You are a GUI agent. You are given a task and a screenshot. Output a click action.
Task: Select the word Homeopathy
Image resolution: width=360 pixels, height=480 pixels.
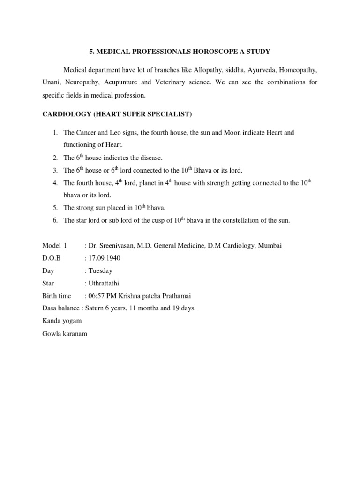(298, 70)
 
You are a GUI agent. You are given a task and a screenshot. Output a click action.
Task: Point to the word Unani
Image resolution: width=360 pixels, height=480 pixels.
(52, 82)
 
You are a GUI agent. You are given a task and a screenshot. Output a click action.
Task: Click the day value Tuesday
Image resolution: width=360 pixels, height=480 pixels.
(100, 271)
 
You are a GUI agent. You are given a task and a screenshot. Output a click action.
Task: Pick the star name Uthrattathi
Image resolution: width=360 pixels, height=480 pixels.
(105, 284)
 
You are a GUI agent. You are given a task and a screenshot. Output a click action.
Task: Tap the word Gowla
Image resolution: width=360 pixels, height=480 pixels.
(52, 334)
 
